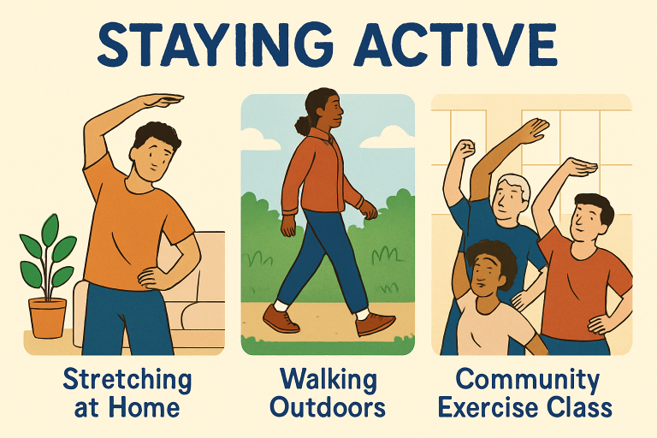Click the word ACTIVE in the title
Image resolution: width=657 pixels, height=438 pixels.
[455, 44]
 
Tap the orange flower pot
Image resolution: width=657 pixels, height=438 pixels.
[47, 317]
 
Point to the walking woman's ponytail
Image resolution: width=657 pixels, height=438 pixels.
[303, 123]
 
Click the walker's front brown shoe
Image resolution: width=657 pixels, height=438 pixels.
[375, 323]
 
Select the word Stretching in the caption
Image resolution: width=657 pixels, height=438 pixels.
[127, 381]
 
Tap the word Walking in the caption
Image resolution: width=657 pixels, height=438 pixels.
[328, 381]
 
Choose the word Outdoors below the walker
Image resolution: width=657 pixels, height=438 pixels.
[328, 407]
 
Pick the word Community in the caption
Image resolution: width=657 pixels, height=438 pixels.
[528, 381]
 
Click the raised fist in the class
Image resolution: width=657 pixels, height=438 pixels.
[464, 149]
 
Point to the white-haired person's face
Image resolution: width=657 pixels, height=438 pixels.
[507, 203]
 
